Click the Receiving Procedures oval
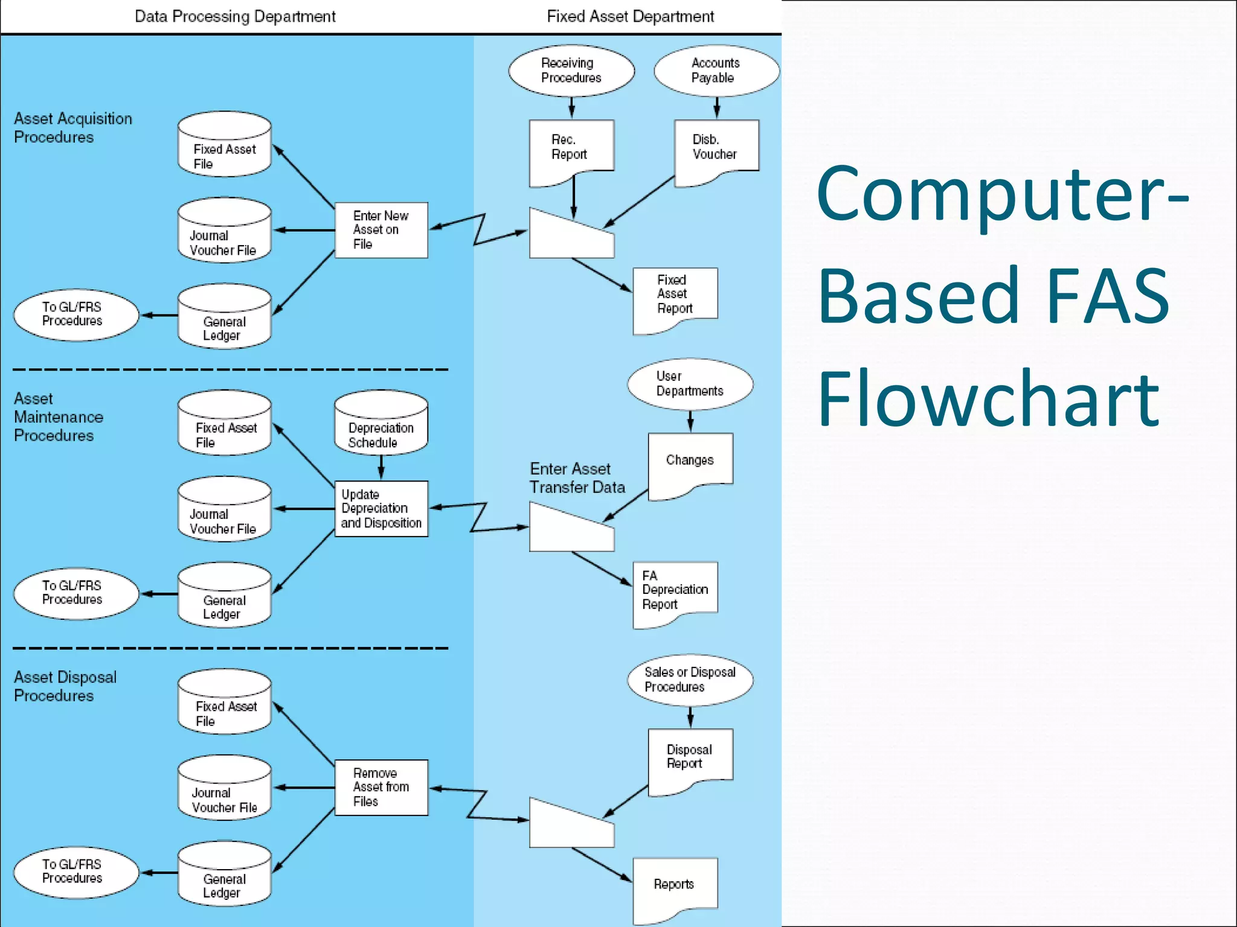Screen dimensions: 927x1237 pyautogui.click(x=571, y=71)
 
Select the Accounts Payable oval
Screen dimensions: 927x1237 pyautogui.click(x=716, y=71)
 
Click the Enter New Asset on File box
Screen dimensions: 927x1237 pyautogui.click(x=381, y=230)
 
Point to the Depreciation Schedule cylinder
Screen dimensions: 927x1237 pyautogui.click(x=381, y=425)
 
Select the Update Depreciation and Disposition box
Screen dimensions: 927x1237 pyautogui.click(x=381, y=509)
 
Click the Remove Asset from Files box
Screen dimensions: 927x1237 pyautogui.click(x=381, y=787)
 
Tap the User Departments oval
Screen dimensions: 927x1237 pyautogui.click(x=690, y=384)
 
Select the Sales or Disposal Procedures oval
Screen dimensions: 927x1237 pyautogui.click(x=690, y=680)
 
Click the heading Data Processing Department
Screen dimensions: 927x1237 pyautogui.click(x=235, y=16)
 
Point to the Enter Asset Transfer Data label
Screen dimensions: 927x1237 pyautogui.click(x=577, y=478)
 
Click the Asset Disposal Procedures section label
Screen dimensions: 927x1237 pyautogui.click(x=65, y=686)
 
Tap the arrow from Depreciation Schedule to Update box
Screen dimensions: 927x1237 pyautogui.click(x=381, y=467)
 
